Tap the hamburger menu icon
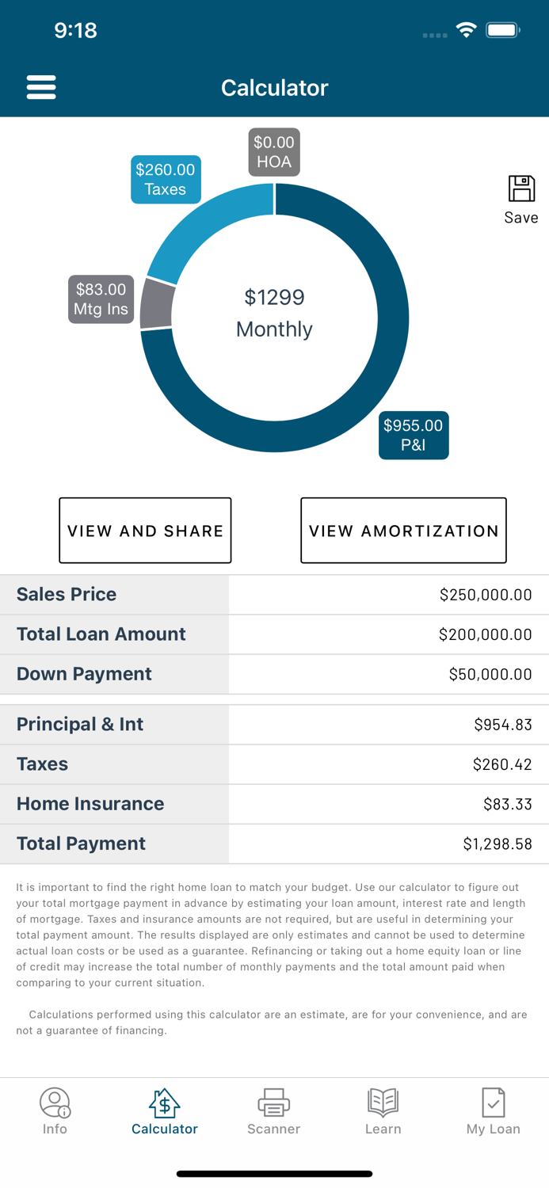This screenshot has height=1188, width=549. point(41,87)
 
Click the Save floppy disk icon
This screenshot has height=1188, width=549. point(521,189)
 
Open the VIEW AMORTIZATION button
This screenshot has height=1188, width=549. point(403,531)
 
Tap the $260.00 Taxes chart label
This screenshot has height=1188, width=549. point(166,179)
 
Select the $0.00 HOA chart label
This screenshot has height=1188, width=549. point(274,152)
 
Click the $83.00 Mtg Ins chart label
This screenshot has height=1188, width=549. point(101,299)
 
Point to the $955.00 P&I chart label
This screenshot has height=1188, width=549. point(414,435)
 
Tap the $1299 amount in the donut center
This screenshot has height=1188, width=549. point(274,298)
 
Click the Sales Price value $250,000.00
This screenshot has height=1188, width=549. point(485,595)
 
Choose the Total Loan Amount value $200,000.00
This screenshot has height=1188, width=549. point(485,634)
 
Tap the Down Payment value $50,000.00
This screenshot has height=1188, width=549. point(490,674)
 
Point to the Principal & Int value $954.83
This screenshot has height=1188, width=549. point(502,725)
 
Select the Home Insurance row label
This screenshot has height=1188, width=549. point(90,804)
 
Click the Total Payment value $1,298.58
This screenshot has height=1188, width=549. point(497,844)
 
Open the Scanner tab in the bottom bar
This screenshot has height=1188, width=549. point(273,1111)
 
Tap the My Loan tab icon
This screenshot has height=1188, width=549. point(493,1102)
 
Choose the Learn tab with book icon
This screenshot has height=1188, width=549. point(383,1111)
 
